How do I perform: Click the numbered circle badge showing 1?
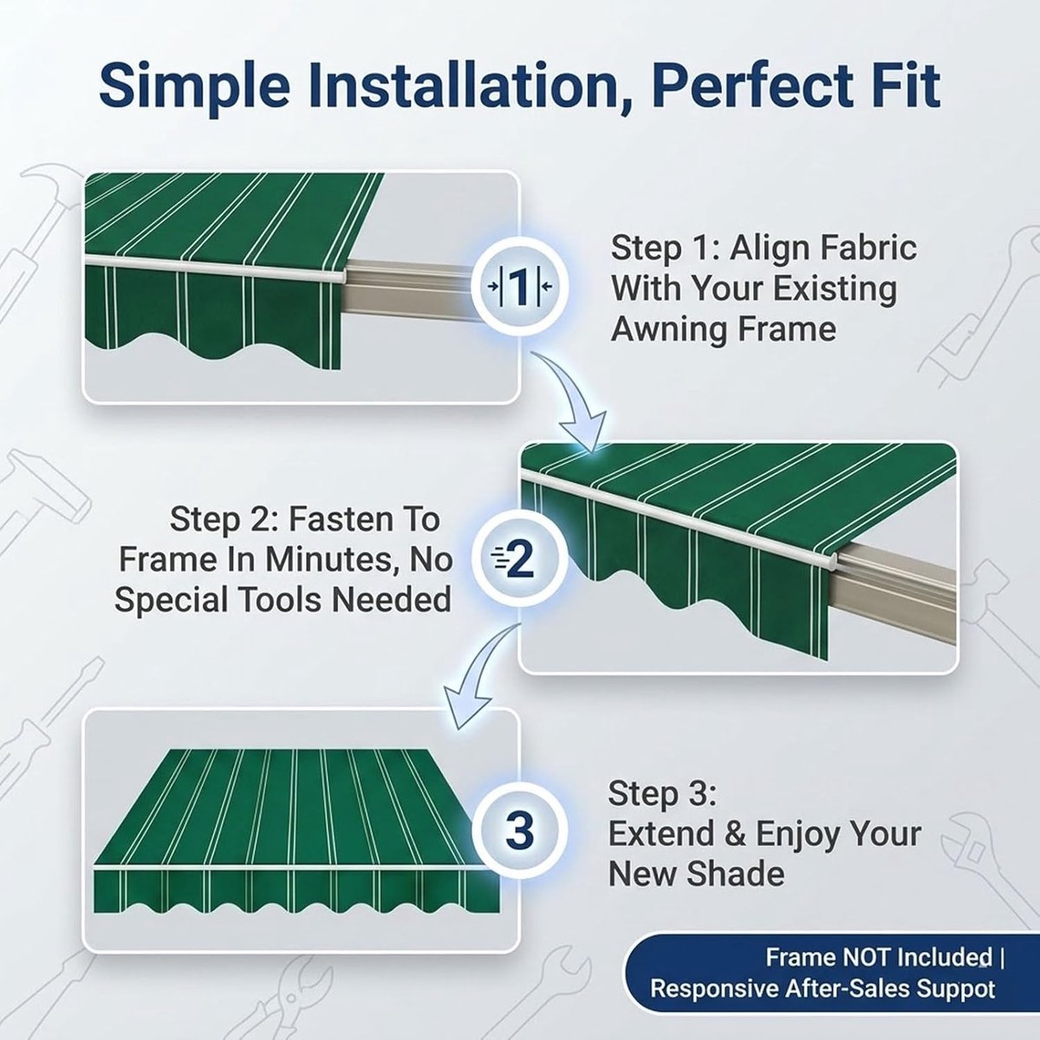point(519,287)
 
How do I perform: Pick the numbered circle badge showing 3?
point(519,832)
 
